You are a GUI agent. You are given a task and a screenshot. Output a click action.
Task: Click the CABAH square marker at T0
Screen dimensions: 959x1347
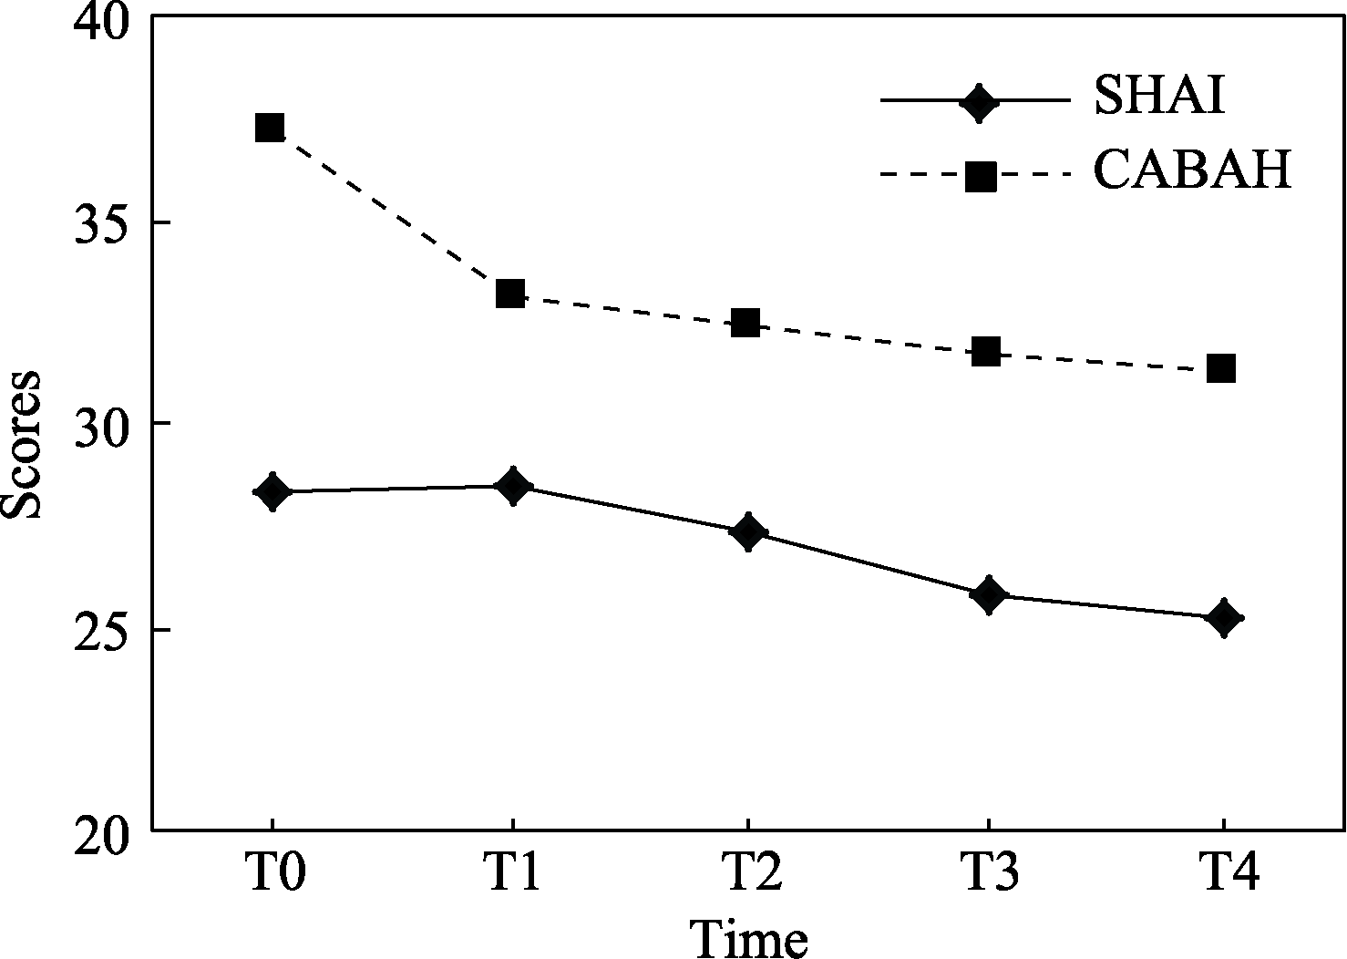tap(270, 127)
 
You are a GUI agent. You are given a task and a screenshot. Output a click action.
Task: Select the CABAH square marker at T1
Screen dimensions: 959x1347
tap(510, 294)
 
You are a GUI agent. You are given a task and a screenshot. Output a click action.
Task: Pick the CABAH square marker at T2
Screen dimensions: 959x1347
tap(745, 323)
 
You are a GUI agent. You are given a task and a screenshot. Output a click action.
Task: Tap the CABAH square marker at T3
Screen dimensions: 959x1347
tap(986, 351)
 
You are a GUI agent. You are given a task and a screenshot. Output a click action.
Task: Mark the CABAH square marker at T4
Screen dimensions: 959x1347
tap(1221, 368)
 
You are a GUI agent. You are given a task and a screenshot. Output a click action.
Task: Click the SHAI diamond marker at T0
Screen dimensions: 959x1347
tap(272, 492)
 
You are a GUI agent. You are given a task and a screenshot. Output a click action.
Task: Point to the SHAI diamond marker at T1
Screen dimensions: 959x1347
tap(513, 487)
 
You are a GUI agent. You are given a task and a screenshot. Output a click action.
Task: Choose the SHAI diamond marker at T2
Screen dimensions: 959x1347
tap(748, 531)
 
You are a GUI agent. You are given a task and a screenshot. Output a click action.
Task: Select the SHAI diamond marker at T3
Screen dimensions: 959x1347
tap(989, 594)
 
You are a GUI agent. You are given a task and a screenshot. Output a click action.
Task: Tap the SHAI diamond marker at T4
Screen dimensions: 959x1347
tap(1224, 618)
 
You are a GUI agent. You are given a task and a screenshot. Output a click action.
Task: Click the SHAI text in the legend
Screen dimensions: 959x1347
tap(1159, 97)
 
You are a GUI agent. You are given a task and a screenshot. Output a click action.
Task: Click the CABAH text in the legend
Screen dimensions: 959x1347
tap(1193, 170)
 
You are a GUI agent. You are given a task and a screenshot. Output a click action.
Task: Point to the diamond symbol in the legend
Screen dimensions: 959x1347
tap(980, 101)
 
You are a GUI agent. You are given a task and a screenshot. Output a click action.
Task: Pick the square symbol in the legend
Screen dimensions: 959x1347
tap(981, 175)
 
